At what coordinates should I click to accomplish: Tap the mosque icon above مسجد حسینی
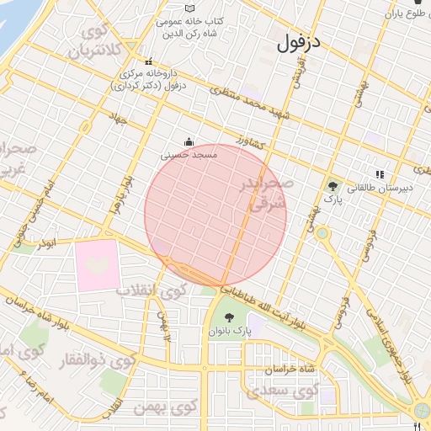(189, 142)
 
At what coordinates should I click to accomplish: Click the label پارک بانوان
(229, 332)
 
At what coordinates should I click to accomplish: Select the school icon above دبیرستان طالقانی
(380, 175)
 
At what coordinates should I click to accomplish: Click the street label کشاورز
(251, 141)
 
